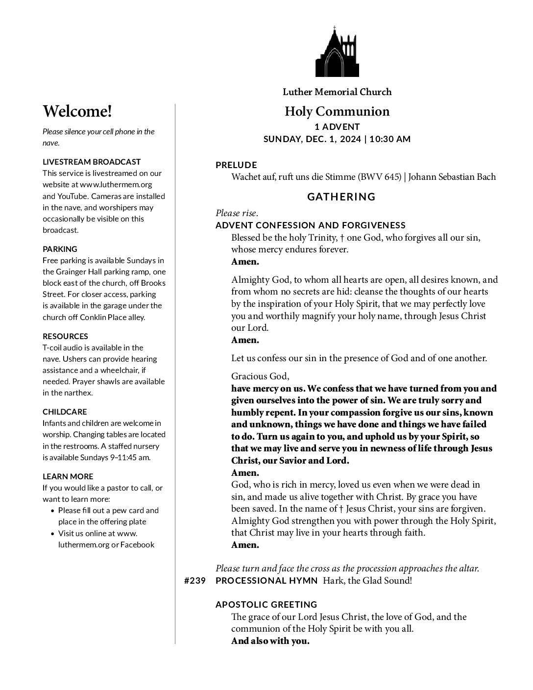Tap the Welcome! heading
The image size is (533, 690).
77,112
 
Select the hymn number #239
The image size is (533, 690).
194,581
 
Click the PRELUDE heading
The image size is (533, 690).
236,165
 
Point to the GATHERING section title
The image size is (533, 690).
341,197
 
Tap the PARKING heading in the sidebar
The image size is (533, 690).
60,249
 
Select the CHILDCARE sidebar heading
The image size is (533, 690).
65,412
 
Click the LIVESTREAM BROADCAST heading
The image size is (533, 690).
92,162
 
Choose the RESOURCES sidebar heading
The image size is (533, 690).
65,336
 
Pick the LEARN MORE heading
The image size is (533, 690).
68,476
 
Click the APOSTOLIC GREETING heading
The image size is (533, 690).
266,605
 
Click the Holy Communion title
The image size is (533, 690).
337,112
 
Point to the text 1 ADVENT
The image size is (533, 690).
337,127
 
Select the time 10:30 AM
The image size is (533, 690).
390,139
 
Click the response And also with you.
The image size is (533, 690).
270,641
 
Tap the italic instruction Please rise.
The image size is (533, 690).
237,213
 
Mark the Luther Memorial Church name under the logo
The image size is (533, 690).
337,92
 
